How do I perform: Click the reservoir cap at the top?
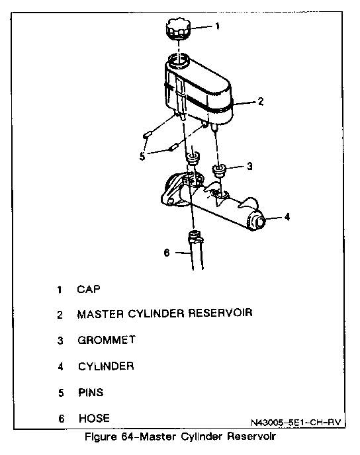[x=178, y=28]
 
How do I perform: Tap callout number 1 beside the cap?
[x=217, y=26]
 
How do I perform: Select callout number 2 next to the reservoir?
[x=261, y=102]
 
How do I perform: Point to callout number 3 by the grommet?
[x=249, y=166]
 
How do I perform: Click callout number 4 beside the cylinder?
[x=287, y=217]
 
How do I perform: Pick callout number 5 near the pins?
[x=142, y=156]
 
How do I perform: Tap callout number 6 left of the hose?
[x=167, y=253]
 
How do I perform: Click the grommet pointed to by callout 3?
[x=220, y=170]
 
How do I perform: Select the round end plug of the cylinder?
[x=259, y=222]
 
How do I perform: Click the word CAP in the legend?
[x=89, y=289]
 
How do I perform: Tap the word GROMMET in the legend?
[x=107, y=340]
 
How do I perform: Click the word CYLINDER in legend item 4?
[x=106, y=366]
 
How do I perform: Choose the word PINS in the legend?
[x=91, y=392]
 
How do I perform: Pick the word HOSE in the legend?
[x=95, y=418]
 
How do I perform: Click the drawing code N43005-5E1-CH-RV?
[x=296, y=422]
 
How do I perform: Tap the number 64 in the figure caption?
[x=128, y=436]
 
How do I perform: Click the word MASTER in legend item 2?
[x=101, y=314]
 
